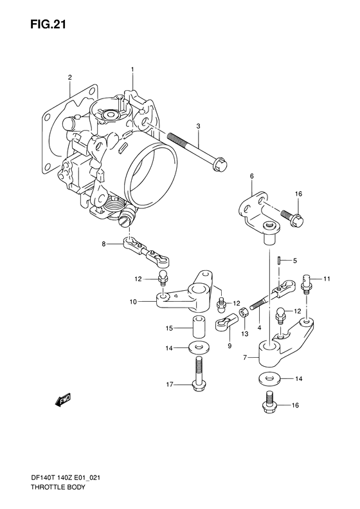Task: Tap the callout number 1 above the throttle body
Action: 132,69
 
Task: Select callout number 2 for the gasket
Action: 69,78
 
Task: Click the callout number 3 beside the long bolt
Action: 199,125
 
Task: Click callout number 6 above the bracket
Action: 252,176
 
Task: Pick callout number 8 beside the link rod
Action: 103,244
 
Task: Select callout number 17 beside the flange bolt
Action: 170,385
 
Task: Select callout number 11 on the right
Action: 327,279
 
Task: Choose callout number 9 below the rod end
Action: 228,346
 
